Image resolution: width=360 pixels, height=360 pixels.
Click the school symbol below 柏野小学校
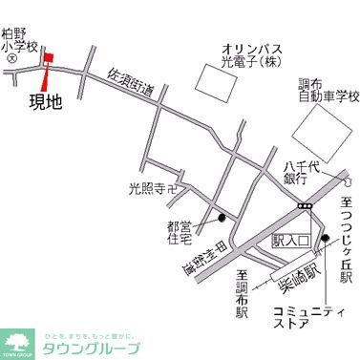(x=10, y=58)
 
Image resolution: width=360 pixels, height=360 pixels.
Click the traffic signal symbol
(x=305, y=204)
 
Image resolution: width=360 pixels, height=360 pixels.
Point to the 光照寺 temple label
(x=154, y=189)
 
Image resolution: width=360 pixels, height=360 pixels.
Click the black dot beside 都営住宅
(x=222, y=218)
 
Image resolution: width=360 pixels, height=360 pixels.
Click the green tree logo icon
(x=16, y=340)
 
